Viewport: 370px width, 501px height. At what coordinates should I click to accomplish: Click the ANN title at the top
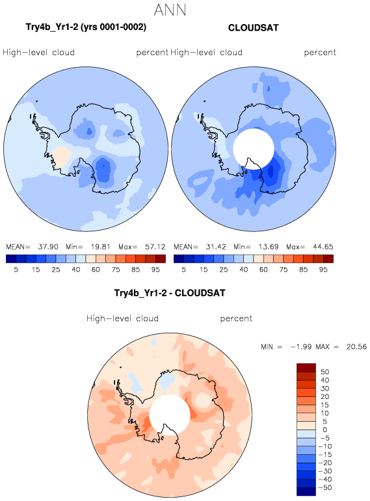(x=170, y=10)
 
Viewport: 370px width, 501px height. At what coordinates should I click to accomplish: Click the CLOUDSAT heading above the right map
(x=253, y=28)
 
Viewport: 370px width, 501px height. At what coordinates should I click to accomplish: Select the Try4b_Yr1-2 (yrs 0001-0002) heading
(x=86, y=27)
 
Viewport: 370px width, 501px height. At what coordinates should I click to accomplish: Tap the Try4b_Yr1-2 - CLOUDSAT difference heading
(x=170, y=293)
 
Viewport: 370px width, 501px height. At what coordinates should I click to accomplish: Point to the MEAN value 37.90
(x=48, y=247)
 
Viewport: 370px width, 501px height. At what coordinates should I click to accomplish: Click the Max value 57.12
(x=155, y=247)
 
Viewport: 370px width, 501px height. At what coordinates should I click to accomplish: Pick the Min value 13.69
(x=269, y=247)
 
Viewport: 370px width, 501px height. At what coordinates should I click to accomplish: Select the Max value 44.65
(x=323, y=247)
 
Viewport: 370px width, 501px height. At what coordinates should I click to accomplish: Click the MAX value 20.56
(x=356, y=347)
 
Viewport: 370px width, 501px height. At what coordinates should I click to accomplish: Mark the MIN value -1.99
(x=300, y=347)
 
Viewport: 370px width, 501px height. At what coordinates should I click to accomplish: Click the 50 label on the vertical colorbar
(x=325, y=372)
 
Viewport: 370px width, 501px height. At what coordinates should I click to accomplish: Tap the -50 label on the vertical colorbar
(x=325, y=487)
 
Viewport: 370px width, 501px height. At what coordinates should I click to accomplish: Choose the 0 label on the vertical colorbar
(x=325, y=430)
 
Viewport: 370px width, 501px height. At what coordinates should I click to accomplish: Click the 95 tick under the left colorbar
(x=155, y=270)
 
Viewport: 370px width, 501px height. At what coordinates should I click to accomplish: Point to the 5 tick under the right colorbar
(x=183, y=270)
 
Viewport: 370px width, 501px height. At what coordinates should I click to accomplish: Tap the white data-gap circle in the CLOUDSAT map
(x=254, y=149)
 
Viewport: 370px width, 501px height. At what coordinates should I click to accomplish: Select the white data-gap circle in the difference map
(x=170, y=415)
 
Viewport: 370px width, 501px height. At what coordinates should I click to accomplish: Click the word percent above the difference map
(x=236, y=318)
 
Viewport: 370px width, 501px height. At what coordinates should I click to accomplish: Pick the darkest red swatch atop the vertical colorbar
(x=306, y=367)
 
